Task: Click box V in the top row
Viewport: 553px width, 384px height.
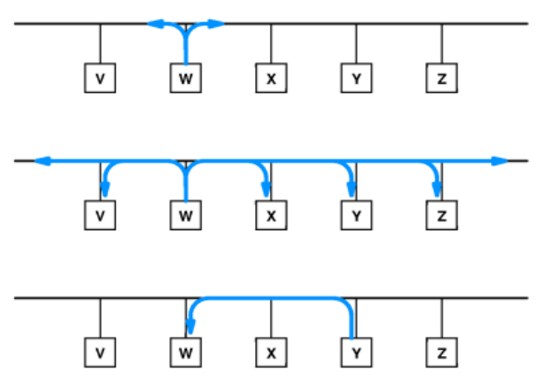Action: pos(100,79)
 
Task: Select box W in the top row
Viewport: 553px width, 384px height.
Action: pos(185,79)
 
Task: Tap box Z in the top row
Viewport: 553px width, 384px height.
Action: pos(441,79)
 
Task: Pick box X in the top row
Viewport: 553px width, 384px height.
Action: pos(271,79)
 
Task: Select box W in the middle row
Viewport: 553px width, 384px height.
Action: pos(185,215)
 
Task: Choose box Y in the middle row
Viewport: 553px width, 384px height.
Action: pos(356,215)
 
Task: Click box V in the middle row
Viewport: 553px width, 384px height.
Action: pos(100,215)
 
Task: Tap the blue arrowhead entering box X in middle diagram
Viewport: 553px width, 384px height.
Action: pos(266,190)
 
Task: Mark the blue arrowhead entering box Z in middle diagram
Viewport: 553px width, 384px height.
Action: pos(437,190)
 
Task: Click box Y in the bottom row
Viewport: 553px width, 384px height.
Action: pos(356,353)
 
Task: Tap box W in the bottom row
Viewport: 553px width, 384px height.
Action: pos(185,353)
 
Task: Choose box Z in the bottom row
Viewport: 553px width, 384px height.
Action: pos(441,353)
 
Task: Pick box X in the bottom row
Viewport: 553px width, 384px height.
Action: pos(271,353)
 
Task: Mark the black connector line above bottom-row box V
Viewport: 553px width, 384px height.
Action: pos(100,318)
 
